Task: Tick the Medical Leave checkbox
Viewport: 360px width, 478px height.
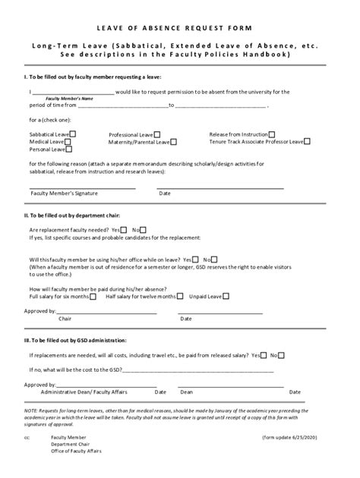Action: (x=67, y=142)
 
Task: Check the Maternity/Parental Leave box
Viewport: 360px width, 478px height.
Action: (x=174, y=142)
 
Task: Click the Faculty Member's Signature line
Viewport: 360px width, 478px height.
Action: (x=83, y=187)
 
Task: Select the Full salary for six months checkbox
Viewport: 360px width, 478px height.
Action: (x=93, y=296)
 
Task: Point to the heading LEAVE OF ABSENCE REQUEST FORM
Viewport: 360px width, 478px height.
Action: (x=179, y=27)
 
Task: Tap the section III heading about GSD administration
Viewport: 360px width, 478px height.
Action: (x=76, y=341)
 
